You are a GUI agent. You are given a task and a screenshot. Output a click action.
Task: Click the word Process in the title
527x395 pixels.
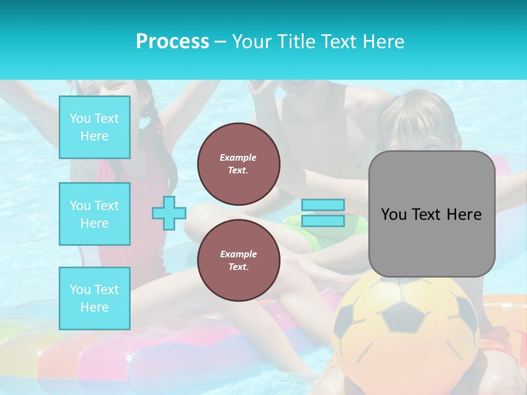pyautogui.click(x=172, y=41)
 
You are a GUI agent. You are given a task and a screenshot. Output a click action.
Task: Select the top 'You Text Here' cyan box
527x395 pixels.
pyautogui.click(x=94, y=127)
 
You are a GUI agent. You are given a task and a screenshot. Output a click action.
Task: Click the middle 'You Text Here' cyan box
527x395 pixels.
pyautogui.click(x=94, y=214)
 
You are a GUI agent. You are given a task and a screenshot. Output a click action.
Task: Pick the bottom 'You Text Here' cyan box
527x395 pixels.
pyautogui.click(x=94, y=298)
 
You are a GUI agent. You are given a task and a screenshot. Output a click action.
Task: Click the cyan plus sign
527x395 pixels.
pyautogui.click(x=169, y=213)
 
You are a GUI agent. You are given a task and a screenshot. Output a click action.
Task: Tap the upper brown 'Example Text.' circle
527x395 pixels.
pyautogui.click(x=238, y=164)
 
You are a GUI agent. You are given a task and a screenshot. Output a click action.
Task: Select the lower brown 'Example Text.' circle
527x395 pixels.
pyautogui.click(x=238, y=261)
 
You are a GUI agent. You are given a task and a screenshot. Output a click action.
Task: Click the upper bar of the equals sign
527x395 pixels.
pyautogui.click(x=323, y=205)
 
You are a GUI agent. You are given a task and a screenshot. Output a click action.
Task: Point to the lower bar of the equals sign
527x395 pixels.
pyautogui.click(x=323, y=221)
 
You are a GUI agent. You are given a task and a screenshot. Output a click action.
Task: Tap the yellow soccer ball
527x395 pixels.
pyautogui.click(x=406, y=335)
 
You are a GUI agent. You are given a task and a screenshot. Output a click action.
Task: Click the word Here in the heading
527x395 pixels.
pyautogui.click(x=384, y=41)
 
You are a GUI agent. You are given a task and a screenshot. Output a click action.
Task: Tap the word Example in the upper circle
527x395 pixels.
pyautogui.click(x=238, y=157)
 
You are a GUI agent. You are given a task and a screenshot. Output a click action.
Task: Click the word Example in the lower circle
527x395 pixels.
pyautogui.click(x=238, y=254)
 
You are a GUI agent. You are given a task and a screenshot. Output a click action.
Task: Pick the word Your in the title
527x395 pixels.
pyautogui.click(x=251, y=41)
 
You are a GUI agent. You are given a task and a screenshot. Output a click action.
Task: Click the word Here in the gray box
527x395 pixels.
pyautogui.click(x=464, y=215)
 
